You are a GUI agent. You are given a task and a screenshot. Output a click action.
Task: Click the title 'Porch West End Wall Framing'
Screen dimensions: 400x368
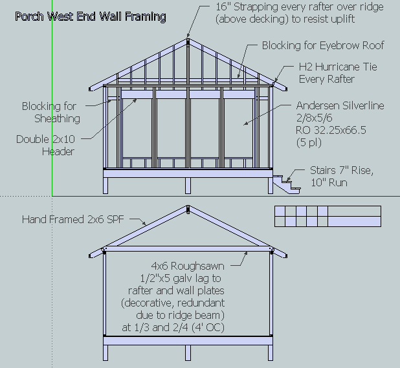tap(91, 17)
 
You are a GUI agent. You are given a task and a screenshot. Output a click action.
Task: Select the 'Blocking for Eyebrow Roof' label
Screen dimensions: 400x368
tap(323, 45)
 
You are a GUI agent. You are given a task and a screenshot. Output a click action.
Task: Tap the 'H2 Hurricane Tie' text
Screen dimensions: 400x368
tap(338, 67)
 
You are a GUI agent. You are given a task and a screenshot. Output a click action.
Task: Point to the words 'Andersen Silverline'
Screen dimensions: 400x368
tap(340, 105)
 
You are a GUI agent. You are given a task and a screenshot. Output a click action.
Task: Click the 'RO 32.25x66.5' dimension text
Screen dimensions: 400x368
tap(331, 130)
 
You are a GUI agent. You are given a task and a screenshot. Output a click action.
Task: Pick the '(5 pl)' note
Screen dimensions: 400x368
tap(309, 142)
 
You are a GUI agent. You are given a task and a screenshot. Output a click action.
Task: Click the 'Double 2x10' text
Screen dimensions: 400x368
tap(45, 140)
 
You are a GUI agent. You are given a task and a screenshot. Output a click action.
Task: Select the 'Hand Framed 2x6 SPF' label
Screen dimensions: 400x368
tap(73, 219)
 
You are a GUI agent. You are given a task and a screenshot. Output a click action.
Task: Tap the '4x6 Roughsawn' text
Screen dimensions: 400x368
tap(188, 266)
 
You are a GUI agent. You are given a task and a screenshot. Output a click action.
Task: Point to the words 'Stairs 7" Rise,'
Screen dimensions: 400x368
tap(342, 171)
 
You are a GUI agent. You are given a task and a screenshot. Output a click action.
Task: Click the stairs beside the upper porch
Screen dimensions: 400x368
tap(287, 184)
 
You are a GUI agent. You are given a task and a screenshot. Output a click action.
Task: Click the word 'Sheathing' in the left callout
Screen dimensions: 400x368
tap(57, 119)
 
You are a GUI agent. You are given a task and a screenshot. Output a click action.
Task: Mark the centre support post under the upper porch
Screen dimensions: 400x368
tap(188, 186)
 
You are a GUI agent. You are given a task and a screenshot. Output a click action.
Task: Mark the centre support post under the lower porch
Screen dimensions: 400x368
tap(188, 352)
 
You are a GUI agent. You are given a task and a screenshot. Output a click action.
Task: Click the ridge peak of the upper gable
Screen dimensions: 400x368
tap(188, 39)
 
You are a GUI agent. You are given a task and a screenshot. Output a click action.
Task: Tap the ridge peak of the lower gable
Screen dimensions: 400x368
tap(188, 206)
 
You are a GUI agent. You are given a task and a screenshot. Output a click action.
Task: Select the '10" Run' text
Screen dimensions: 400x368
tap(329, 183)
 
